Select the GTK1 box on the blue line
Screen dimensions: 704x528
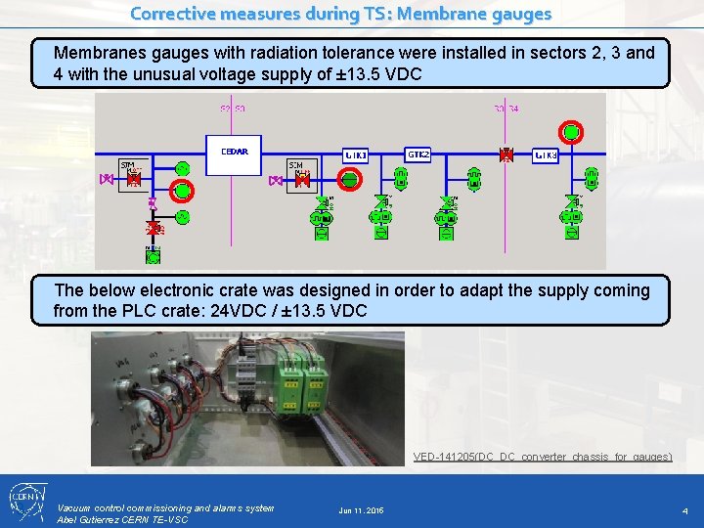pos(355,154)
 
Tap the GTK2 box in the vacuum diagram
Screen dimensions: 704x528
pos(418,154)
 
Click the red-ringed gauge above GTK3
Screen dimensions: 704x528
pos(572,132)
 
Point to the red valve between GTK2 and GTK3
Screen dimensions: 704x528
pos(506,154)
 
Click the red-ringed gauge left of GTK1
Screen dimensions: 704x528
pos(349,179)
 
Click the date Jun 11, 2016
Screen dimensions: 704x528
pos(361,510)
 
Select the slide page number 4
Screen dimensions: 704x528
pos(684,510)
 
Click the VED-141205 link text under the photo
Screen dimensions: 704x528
pos(542,457)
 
